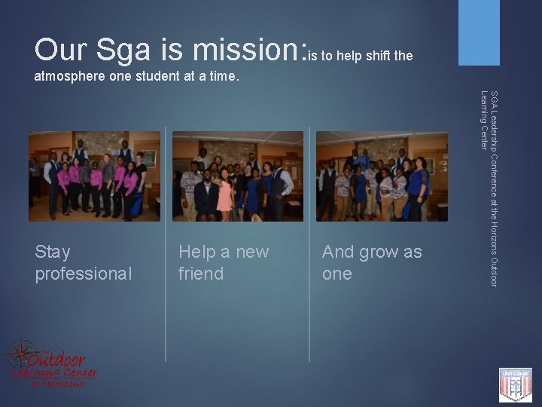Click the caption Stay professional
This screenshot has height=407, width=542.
(83, 262)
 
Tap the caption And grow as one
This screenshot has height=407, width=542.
(372, 262)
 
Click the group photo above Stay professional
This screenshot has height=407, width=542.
(95, 176)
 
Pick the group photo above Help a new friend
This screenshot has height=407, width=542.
(238, 176)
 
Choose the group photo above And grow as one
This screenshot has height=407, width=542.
(382, 176)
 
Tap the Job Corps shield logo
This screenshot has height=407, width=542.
(516, 384)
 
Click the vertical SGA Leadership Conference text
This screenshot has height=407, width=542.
(489, 188)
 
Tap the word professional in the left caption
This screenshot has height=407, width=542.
(83, 274)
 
